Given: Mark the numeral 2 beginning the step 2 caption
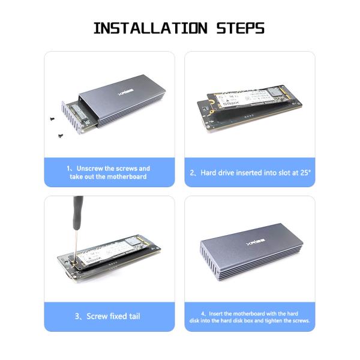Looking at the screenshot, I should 193,173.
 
